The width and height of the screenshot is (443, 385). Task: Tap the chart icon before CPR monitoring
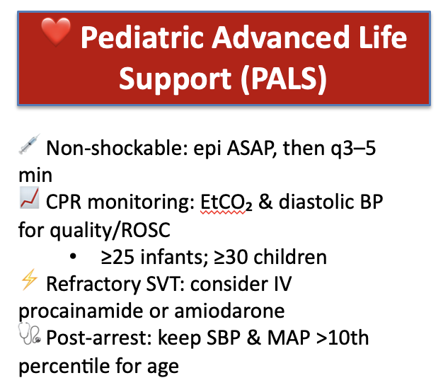[x=29, y=202]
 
